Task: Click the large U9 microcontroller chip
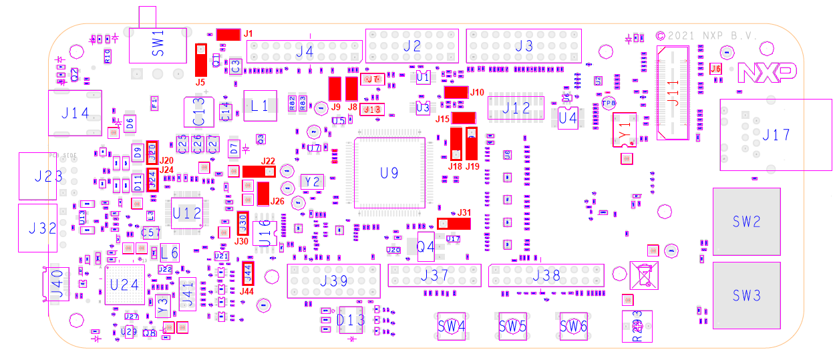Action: (389, 173)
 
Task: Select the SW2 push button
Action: (746, 222)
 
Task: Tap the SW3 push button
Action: (746, 295)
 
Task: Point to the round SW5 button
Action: (512, 327)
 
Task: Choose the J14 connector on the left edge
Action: (75, 114)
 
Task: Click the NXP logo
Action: (767, 72)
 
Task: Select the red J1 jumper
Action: (228, 34)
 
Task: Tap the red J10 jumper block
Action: (456, 92)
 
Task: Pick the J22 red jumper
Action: (259, 172)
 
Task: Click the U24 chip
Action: (124, 285)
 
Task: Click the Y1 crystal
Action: (625, 129)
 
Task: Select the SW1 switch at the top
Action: (158, 45)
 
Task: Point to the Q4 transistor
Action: (426, 247)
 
